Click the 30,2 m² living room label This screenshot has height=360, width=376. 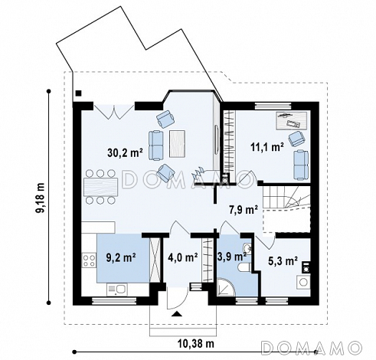pyautogui.click(x=125, y=152)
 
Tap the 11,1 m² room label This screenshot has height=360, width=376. pyautogui.click(x=267, y=147)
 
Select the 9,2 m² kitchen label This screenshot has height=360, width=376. pyautogui.click(x=121, y=257)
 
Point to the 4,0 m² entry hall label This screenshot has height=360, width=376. pyautogui.click(x=183, y=257)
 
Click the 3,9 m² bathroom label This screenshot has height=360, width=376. pyautogui.click(x=231, y=256)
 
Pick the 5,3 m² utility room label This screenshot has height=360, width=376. pyautogui.click(x=283, y=260)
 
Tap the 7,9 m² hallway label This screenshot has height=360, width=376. pyautogui.click(x=243, y=210)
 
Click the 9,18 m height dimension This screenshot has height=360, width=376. pyautogui.click(x=41, y=198)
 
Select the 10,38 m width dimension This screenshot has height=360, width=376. pyautogui.click(x=196, y=344)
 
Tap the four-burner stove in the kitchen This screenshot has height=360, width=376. pyautogui.click(x=89, y=260)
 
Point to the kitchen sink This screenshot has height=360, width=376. pyautogui.click(x=117, y=290)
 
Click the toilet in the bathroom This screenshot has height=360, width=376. pyautogui.click(x=245, y=268)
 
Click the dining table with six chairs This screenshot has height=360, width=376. pyautogui.click(x=100, y=187)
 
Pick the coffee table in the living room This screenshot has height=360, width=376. pyautogui.click(x=177, y=143)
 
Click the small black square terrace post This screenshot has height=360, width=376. pyautogui.click(x=79, y=93)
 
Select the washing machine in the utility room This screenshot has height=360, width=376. pyautogui.click(x=303, y=282)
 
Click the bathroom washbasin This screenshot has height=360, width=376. pyautogui.click(x=247, y=249)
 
